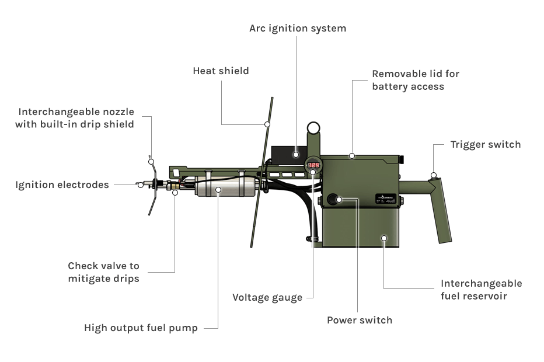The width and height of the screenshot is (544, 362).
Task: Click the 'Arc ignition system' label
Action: pyautogui.click(x=297, y=28)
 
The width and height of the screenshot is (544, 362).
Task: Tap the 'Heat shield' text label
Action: pyautogui.click(x=221, y=71)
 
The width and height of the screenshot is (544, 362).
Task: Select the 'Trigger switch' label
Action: pyautogui.click(x=485, y=144)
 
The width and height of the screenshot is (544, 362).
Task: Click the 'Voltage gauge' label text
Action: pyautogui.click(x=267, y=297)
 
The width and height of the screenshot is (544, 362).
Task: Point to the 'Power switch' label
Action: pyautogui.click(x=359, y=320)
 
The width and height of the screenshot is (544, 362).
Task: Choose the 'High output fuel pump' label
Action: pyautogui.click(x=141, y=328)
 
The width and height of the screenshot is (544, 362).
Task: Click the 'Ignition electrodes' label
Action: pyautogui.click(x=62, y=185)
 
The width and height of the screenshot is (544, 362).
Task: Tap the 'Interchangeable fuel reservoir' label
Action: pyautogui.click(x=481, y=290)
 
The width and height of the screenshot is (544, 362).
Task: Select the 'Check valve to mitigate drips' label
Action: pyautogui.click(x=103, y=272)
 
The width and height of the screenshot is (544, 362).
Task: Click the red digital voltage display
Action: pyautogui.click(x=313, y=165)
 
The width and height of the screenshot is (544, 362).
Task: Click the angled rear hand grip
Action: pyautogui.click(x=441, y=210)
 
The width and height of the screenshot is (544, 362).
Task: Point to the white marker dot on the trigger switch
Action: pyautogui.click(x=433, y=175)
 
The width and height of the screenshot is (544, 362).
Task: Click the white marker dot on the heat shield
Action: pyautogui.click(x=267, y=124)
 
